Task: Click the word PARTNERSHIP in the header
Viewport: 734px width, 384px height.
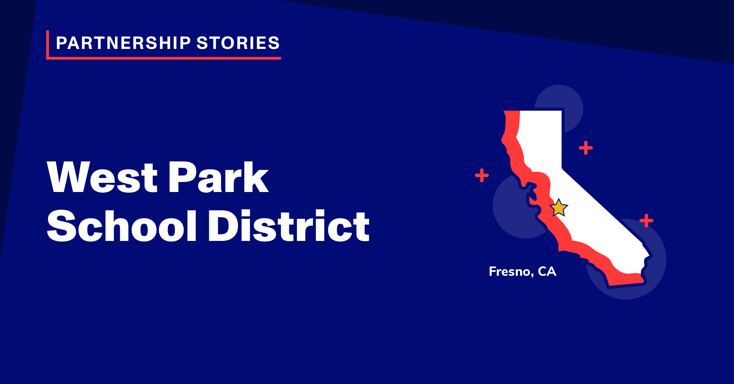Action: pyautogui.click(x=124, y=43)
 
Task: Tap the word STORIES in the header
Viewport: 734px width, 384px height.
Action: pyautogui.click(x=238, y=43)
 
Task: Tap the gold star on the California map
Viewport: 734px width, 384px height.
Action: pyautogui.click(x=558, y=208)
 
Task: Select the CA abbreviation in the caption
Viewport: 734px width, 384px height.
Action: pyautogui.click(x=547, y=271)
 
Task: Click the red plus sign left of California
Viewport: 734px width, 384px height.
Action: pyautogui.click(x=482, y=175)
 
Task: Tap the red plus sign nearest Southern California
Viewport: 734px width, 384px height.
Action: pyautogui.click(x=646, y=220)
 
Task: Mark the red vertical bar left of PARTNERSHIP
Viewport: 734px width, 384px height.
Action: pyautogui.click(x=47, y=45)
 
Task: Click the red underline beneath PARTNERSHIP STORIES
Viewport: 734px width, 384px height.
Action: pyautogui.click(x=164, y=58)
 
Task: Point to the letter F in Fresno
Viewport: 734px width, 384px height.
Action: pyautogui.click(x=493, y=271)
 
